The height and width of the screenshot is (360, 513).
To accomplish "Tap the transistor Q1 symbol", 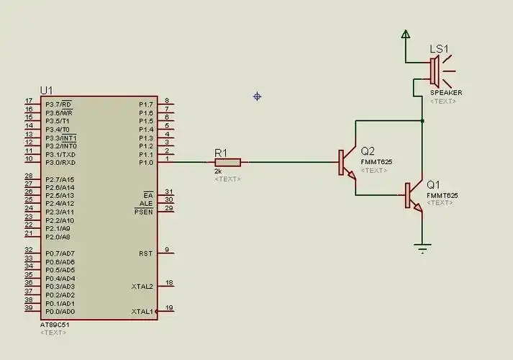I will coord(412,195).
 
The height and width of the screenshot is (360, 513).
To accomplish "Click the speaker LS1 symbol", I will coord(435,71).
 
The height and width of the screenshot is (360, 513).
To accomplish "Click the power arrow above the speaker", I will coord(406,33).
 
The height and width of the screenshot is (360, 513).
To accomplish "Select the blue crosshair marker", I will coord(257,96).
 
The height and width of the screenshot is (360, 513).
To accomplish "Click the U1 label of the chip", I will coord(46,90).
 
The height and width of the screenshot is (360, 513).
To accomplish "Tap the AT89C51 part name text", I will coord(54,325).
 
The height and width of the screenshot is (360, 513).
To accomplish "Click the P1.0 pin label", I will coord(146,163).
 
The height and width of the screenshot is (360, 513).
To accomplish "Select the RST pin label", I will coord(145,253).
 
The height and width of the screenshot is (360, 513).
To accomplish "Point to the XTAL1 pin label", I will coord(142,312).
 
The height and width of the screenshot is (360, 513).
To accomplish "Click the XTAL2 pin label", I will coord(142,287).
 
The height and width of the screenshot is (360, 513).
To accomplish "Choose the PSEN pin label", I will coord(144,212).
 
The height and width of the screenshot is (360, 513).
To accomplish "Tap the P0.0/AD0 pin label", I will coord(59,312).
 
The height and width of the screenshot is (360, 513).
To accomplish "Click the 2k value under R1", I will coord(218,171).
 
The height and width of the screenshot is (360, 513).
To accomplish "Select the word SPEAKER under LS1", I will coord(446,93).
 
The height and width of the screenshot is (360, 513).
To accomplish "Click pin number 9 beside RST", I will coord(167,250).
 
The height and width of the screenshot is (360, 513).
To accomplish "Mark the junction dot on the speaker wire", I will coord(422,121).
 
